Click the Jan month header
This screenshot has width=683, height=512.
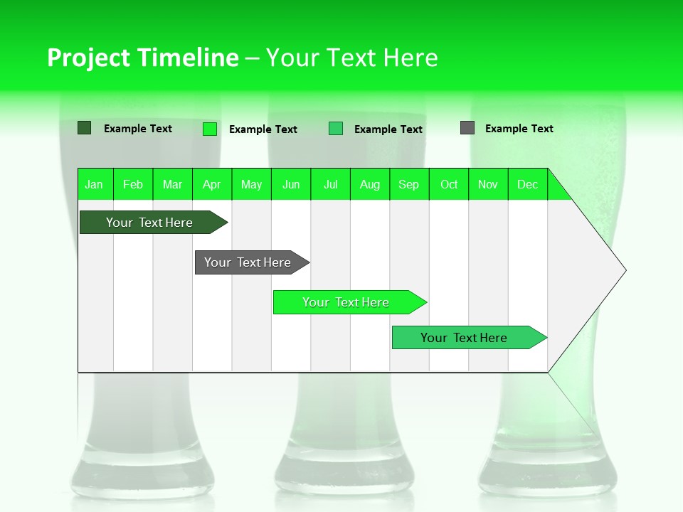coord(94,184)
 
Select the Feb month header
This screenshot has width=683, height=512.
coord(133,184)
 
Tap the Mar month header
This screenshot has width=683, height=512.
coord(172,184)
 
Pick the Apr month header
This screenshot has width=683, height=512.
coord(212,184)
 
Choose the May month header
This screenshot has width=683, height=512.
coord(251,184)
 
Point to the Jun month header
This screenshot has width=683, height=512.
coord(291,184)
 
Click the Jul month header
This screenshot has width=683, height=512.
coord(330,184)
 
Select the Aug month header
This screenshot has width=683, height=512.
coord(370,184)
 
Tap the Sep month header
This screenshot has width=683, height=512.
coord(409,184)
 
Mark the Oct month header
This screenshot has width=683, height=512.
coord(449,184)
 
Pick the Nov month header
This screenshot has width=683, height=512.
coord(488,184)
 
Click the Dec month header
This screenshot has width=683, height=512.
coord(528,184)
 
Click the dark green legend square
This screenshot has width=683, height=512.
coord(85,128)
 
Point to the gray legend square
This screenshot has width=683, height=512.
coord(467,128)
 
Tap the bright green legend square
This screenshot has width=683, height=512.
coord(210,129)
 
